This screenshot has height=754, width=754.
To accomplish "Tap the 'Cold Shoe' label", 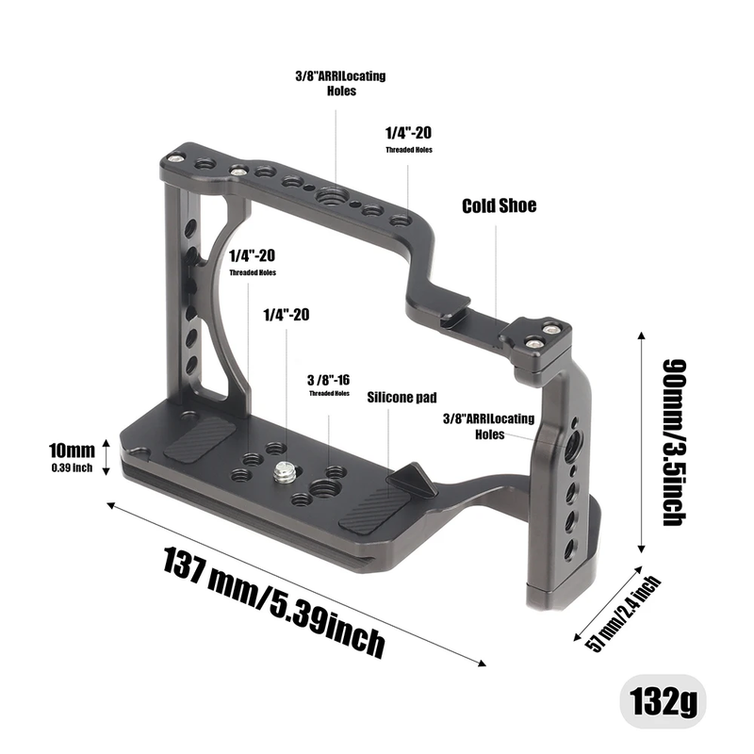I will pos(499,205).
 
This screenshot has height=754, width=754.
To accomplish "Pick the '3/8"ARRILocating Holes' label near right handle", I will pos(489,425).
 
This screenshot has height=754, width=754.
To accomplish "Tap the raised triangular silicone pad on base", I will pos(413,479).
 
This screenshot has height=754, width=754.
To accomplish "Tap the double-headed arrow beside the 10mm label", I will pos(107,457).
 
